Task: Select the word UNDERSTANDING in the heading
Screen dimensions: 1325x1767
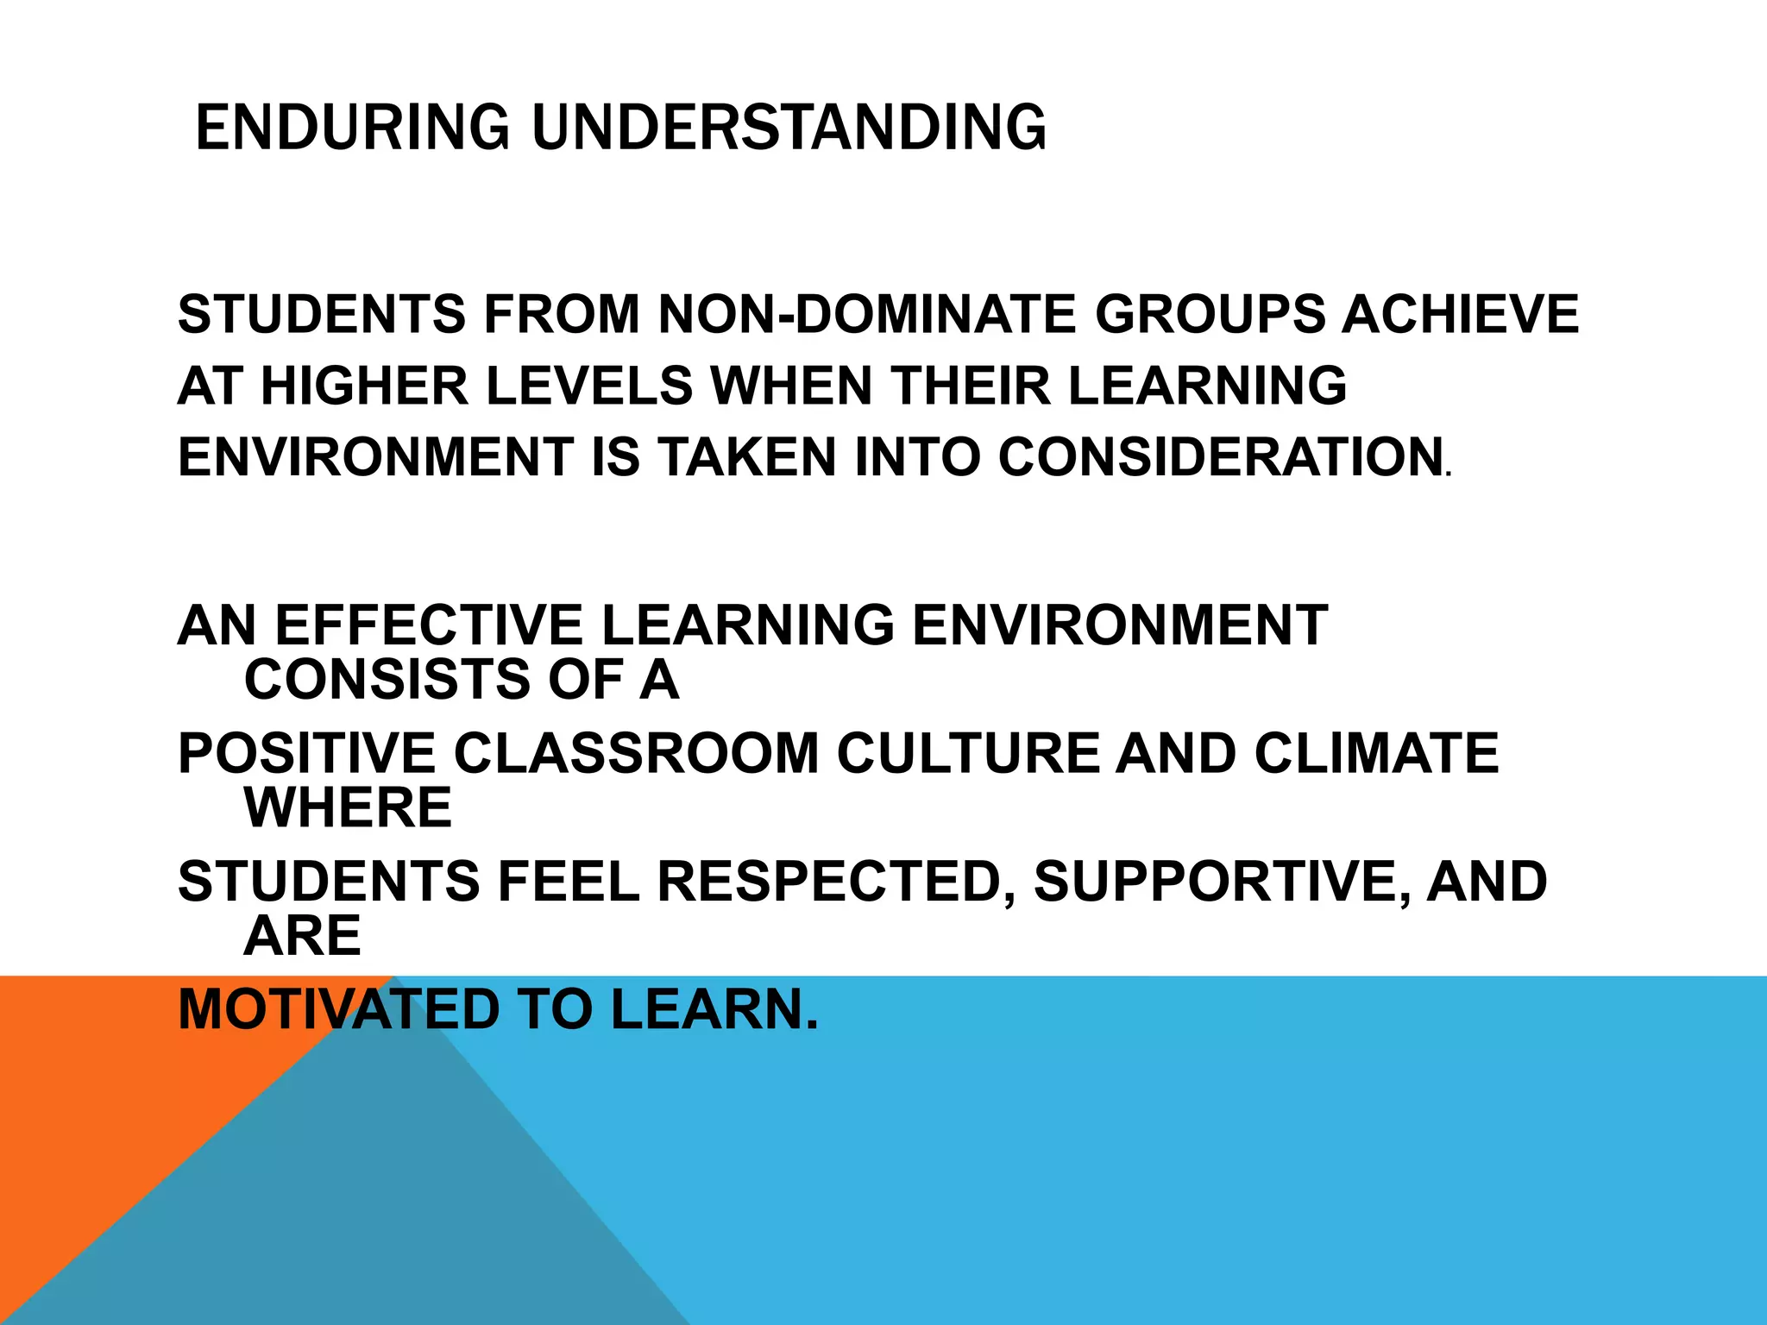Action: [789, 128]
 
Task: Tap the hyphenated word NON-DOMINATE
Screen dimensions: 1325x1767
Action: [866, 314]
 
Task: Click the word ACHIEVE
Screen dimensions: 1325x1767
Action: [1460, 314]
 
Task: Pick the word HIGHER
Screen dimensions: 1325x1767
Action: [364, 386]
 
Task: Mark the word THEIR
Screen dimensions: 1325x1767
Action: [971, 386]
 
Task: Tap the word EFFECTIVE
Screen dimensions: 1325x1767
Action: [429, 625]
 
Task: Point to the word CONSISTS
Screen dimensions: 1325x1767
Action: [387, 680]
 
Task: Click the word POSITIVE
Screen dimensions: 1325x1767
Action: [306, 753]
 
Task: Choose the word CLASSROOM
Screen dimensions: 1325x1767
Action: [636, 753]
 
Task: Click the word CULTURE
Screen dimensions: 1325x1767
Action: [967, 753]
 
